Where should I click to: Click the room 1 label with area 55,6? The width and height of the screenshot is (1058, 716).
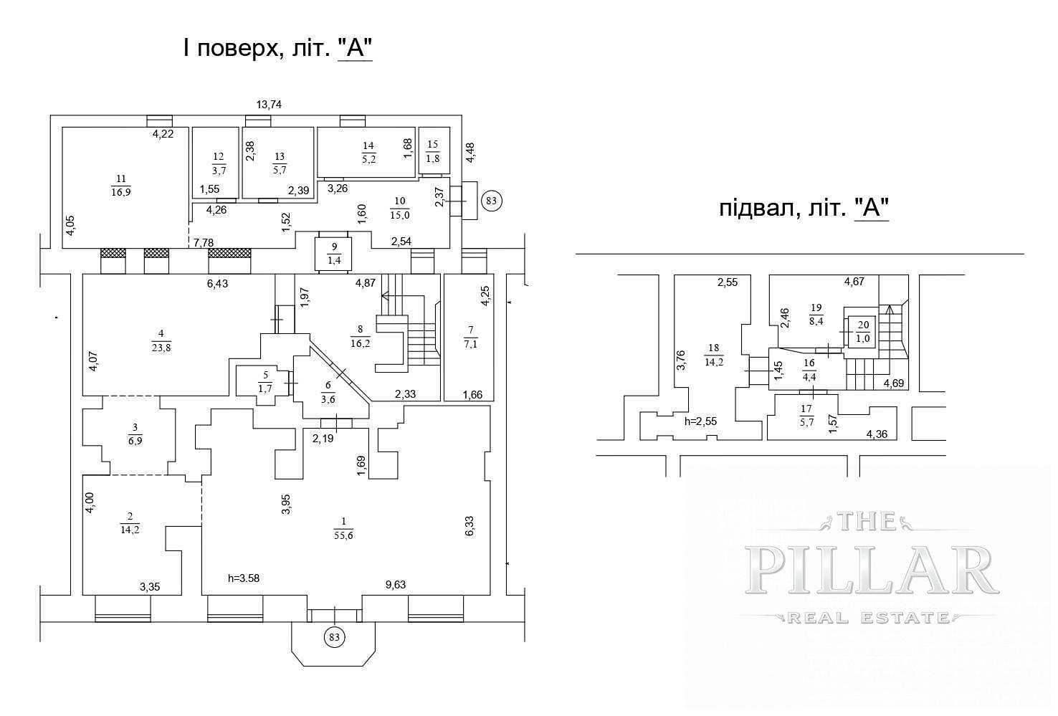pos(343,528)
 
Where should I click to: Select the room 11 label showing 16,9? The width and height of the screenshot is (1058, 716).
pos(121,186)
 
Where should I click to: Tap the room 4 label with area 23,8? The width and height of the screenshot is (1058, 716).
pos(161,341)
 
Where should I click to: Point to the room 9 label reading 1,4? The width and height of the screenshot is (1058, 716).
pos(335,253)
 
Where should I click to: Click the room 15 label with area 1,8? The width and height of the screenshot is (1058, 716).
pos(433,152)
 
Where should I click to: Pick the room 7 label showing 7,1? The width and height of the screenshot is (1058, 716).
pos(470,337)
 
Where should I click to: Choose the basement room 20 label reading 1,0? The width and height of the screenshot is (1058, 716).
pos(863,332)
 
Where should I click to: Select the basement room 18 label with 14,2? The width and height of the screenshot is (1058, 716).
pos(714,355)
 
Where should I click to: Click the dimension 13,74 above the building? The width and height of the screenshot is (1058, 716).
pos(269,105)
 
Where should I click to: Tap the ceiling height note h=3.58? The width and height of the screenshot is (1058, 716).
pos(244,578)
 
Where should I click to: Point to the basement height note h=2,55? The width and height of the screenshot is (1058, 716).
pos(700,421)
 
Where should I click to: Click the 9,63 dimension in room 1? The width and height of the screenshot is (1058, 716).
pos(396,585)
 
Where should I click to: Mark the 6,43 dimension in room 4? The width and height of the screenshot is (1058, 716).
pos(218,284)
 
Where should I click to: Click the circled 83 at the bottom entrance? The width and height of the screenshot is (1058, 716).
pos(335,637)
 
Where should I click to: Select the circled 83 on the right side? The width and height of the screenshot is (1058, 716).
pos(491,201)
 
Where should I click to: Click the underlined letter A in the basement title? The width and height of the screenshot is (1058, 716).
pos(872,209)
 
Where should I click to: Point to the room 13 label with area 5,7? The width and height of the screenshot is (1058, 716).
pos(280,163)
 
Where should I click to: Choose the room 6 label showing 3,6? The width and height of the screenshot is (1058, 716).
pos(328,392)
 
